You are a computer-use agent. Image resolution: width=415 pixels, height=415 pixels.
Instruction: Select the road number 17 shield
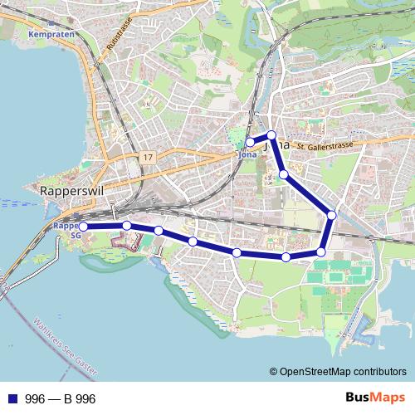148,157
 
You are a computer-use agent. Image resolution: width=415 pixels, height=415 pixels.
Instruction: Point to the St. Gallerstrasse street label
330,145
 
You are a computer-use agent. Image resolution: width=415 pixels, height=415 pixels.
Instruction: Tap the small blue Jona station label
247,154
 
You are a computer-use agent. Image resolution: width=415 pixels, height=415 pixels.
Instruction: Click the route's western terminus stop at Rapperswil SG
83,226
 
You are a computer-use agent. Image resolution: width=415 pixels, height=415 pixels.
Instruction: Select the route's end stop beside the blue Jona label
251,142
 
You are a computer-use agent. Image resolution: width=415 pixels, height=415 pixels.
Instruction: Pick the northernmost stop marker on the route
271,135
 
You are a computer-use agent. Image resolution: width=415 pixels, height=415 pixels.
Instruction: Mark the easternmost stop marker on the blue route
331,215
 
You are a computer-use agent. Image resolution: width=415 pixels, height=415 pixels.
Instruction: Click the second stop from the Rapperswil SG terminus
126,225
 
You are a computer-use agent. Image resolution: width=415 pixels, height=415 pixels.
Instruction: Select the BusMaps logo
374,398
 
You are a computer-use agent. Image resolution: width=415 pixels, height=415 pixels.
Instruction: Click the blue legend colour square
12,399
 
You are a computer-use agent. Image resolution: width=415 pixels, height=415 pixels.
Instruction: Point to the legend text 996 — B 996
61,399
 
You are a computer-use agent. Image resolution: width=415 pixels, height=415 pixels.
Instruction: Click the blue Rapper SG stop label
66,230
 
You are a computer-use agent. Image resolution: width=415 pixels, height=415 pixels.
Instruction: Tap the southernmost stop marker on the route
286,257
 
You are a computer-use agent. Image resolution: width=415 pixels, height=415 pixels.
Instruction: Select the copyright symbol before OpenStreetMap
274,372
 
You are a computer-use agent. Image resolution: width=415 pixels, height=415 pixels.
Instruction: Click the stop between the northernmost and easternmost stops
284,174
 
